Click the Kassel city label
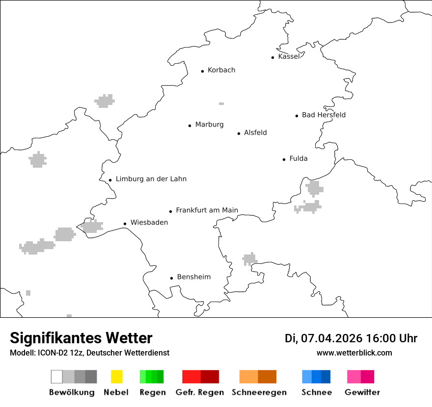[289, 56]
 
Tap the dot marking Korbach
[202, 71]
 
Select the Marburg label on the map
[209, 125]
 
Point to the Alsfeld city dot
[239, 133]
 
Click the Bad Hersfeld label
[324, 115]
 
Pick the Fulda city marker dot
[284, 159]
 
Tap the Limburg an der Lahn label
[151, 179]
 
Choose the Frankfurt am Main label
[207, 210]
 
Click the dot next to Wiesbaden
[125, 224]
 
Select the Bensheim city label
[194, 277]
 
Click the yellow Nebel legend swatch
[116, 377]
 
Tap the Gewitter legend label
[362, 392]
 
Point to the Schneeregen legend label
[259, 392]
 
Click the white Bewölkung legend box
[56, 377]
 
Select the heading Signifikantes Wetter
[81, 338]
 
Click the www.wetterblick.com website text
[354, 353]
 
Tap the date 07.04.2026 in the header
[332, 338]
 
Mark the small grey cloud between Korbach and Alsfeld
[221, 103]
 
